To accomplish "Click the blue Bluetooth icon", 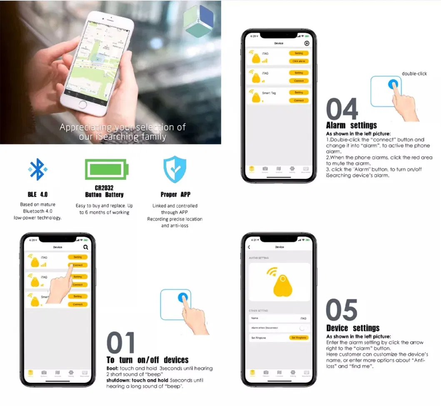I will (37, 169).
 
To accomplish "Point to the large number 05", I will (341, 310).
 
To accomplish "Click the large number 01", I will (121, 343).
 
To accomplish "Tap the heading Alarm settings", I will (351, 125).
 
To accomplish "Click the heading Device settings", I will (353, 328).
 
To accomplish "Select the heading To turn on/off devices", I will (147, 360).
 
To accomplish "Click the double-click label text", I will (414, 74).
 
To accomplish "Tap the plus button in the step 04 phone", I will (307, 43).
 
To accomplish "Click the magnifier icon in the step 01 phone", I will (86, 247).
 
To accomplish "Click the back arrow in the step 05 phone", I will (249, 247).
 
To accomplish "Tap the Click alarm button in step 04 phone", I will (299, 61).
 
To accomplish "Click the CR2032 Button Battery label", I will (104, 191).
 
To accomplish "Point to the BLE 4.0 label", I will (37, 195).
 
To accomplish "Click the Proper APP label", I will (174, 195).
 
